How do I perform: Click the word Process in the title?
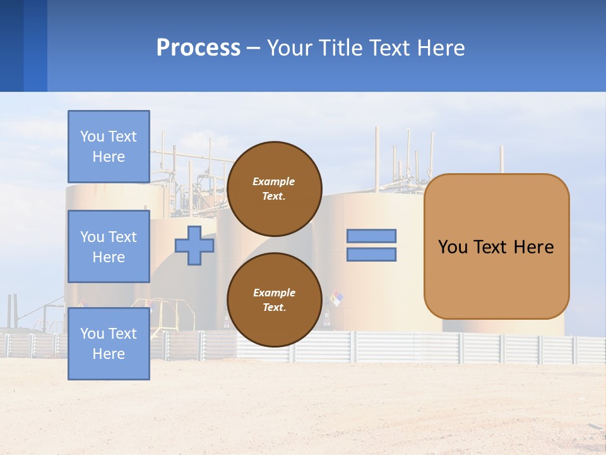[198, 48]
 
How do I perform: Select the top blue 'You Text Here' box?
[109, 147]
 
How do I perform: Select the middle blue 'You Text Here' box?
[109, 246]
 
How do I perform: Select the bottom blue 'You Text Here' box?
[109, 343]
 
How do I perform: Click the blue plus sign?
[194, 246]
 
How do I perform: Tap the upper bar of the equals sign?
[372, 236]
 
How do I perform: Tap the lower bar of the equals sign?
[372, 255]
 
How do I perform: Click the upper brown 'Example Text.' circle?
[275, 189]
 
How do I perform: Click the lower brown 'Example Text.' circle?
[275, 300]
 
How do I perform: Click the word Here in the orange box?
[533, 247]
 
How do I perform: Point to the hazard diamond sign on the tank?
[336, 298]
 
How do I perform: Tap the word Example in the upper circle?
[274, 181]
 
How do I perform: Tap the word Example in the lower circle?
[274, 293]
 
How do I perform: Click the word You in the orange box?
[453, 247]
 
